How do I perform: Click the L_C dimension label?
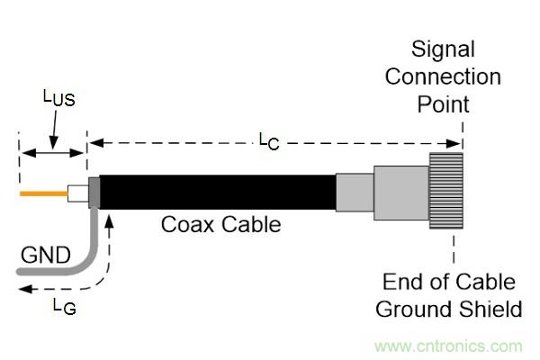[269, 139]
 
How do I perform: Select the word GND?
[44, 256]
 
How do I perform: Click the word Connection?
[442, 76]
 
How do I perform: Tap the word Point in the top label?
[442, 103]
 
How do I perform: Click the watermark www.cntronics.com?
[448, 346]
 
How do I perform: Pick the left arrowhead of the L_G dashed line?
[22, 290]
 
